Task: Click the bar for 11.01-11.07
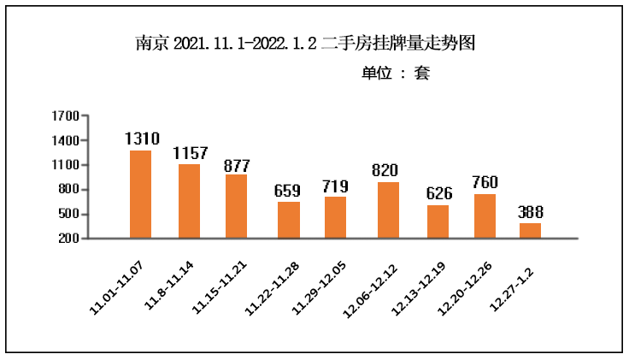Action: coord(140,194)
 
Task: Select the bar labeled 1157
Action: coord(189,201)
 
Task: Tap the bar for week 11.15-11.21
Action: coord(236,206)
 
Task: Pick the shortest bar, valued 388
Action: coord(530,230)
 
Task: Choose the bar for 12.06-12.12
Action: coord(388,210)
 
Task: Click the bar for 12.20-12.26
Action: coord(485,215)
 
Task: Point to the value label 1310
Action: coord(142,139)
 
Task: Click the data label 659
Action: coord(287,191)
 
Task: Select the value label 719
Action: coord(336,186)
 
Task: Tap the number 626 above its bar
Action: coord(438,194)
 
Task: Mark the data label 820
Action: coord(385,171)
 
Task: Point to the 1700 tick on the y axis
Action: coord(66,116)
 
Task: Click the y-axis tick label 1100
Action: coord(66,165)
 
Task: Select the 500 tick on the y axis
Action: coord(69,214)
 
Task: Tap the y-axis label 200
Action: coord(69,239)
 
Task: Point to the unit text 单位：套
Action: coord(395,74)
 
